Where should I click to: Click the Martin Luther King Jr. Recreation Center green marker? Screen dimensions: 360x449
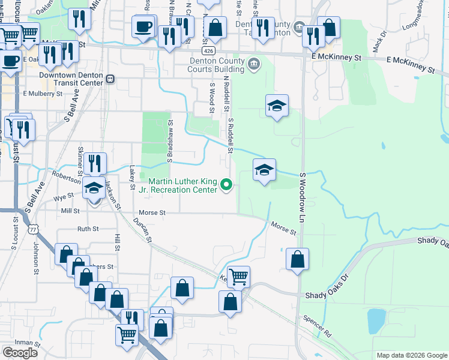point(226,185)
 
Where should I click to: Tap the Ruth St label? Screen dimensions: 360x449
point(88,229)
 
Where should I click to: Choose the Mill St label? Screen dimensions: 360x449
point(70,211)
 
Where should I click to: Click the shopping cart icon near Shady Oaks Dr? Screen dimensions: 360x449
point(238,277)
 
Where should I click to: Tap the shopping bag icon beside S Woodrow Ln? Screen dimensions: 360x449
point(297,259)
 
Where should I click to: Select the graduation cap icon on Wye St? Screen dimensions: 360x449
point(94,188)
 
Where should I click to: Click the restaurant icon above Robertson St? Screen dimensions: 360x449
point(95,163)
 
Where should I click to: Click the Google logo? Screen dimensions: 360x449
point(20,352)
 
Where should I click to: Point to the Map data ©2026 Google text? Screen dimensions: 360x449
point(411,355)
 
